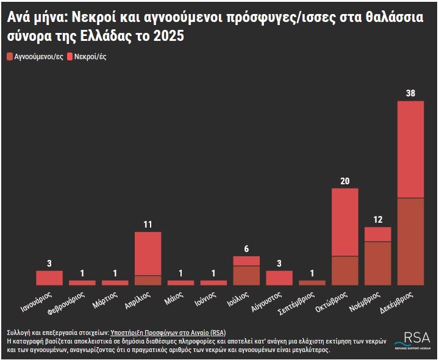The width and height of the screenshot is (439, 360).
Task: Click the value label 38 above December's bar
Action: coord(410,93)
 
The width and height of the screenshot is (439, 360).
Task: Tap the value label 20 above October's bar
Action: coord(345,181)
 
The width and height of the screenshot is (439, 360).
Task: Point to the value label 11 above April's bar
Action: coord(148,225)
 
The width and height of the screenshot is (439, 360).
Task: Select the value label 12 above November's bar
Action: coord(378,220)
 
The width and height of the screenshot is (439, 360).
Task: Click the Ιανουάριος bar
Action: coord(49,278)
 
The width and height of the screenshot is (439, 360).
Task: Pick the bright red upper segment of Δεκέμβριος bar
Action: coord(410,149)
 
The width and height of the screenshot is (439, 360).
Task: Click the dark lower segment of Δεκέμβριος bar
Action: coord(410,241)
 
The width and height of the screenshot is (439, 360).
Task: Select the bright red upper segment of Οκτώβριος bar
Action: coord(345,222)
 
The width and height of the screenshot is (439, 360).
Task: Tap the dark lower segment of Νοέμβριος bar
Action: coord(378,263)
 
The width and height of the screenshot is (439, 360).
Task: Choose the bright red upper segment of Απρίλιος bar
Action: coord(148,254)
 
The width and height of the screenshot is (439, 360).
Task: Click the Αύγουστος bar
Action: coord(279,278)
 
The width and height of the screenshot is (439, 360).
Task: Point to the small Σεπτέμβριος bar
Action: coord(312,283)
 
